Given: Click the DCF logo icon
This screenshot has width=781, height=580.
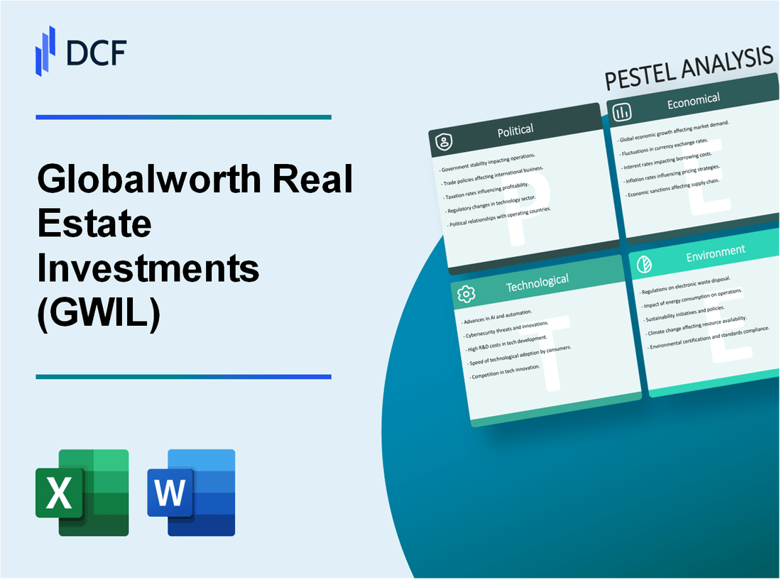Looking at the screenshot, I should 45,50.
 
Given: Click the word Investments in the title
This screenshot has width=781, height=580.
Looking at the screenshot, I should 148,270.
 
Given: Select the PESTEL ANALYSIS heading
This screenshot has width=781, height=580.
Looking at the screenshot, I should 688,70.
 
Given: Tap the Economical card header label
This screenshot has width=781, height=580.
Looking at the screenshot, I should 693,101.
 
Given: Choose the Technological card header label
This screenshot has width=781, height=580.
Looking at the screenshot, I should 537,283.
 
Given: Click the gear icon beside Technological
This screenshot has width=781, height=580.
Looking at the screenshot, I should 466,293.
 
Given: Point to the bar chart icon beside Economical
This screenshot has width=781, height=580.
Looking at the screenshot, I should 623,112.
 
